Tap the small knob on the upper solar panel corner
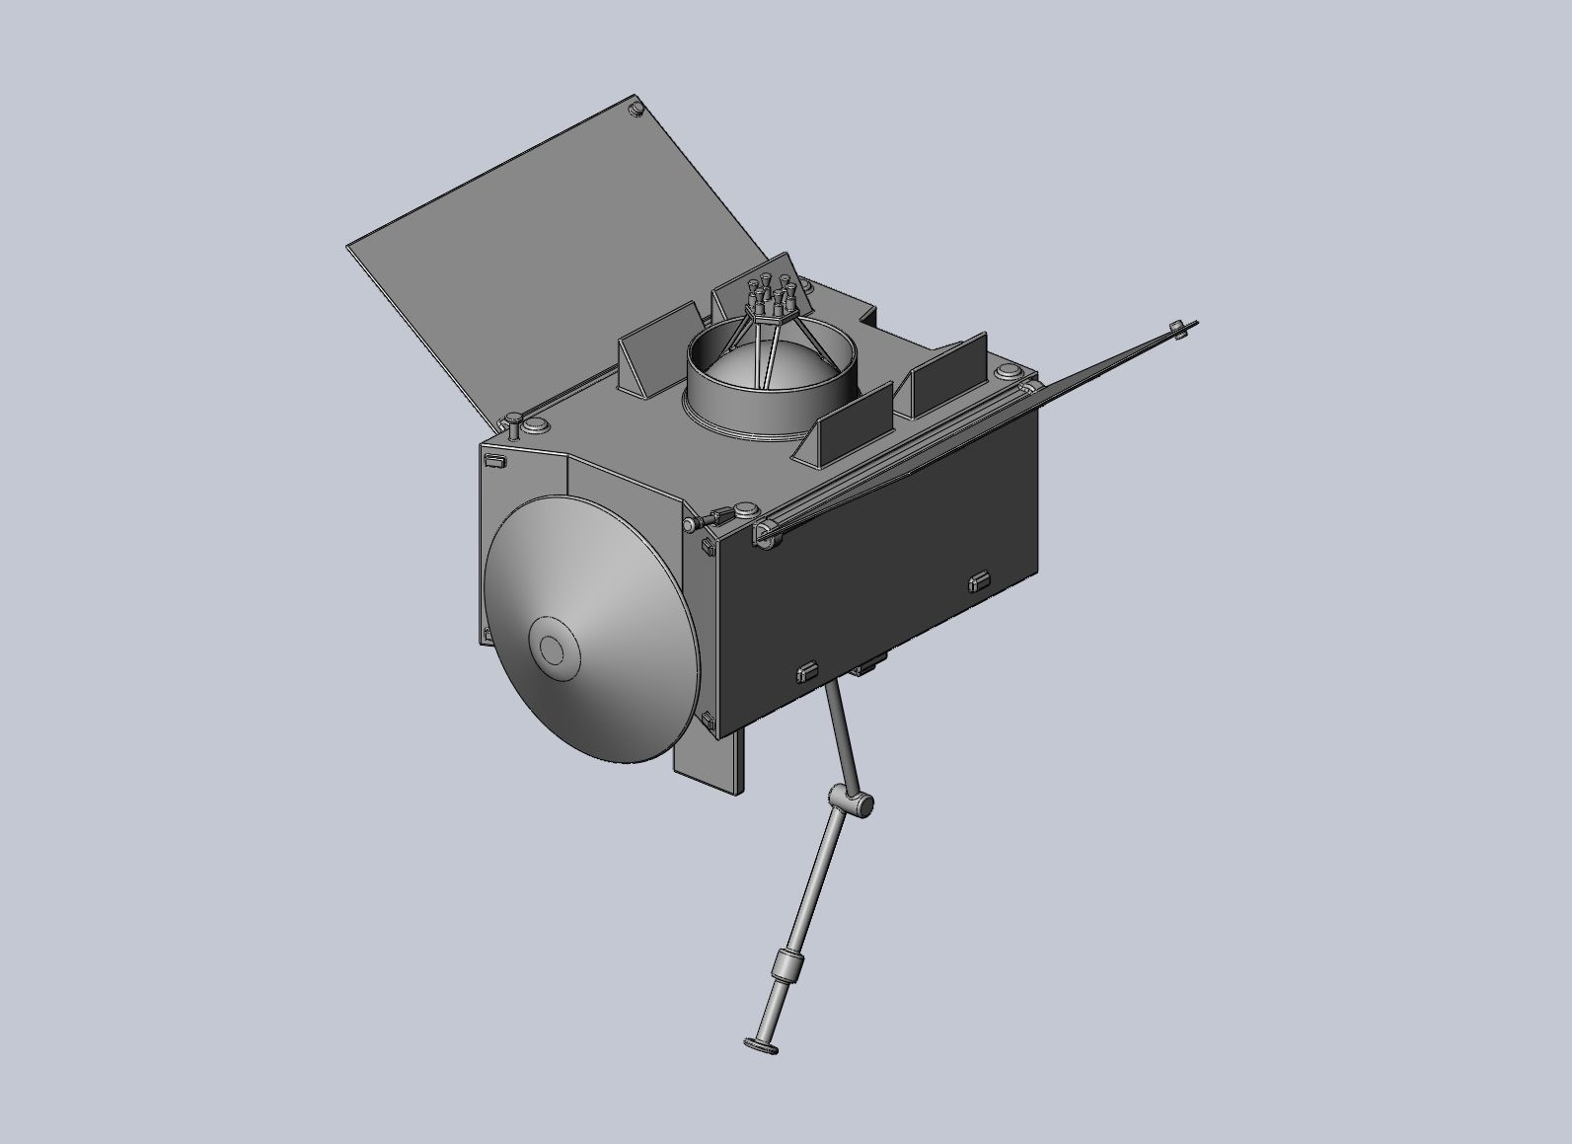coord(636,107)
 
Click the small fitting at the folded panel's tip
coord(1176,329)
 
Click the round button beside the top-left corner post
coord(537,424)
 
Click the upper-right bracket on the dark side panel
coord(978,580)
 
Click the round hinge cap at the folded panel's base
coord(764,534)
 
